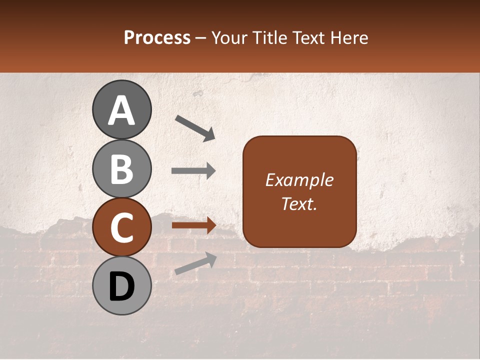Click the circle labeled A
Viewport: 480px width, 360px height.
point(122,109)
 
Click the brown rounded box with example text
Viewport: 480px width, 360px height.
point(299,191)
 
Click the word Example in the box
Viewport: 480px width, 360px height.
point(299,180)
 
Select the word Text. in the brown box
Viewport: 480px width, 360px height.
point(299,203)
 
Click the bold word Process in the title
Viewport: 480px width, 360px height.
point(157,37)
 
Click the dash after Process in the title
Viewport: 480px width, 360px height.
point(201,38)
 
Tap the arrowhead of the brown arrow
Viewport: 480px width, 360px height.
point(210,225)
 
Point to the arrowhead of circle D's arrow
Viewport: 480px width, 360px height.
point(211,258)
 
